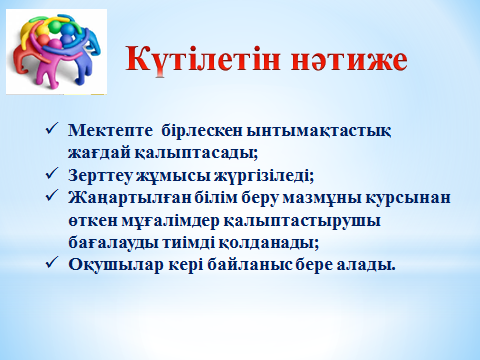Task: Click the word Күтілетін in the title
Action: pyautogui.click(x=203, y=59)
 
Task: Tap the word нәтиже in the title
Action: pyautogui.click(x=349, y=60)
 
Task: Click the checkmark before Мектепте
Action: pyautogui.click(x=52, y=128)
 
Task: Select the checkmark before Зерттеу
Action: pyautogui.click(x=52, y=173)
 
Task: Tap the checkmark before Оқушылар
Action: pyautogui.click(x=52, y=263)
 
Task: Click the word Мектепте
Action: pyautogui.click(x=110, y=130)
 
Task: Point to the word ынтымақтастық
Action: pyautogui.click(x=319, y=131)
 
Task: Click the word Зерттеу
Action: pyautogui.click(x=100, y=175)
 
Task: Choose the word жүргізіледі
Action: pyautogui.click(x=264, y=176)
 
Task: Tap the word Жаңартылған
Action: pyautogui.click(x=129, y=198)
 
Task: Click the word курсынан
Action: pyautogui.click(x=408, y=198)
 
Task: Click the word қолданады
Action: pyautogui.click(x=269, y=243)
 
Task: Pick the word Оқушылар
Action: pyautogui.click(x=116, y=265)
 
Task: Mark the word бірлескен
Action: pyautogui.click(x=202, y=130)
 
